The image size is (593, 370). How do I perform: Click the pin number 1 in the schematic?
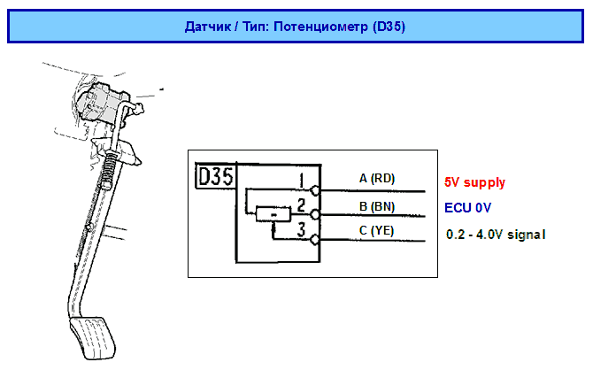[302, 181]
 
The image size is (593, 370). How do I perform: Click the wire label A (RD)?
[376, 178]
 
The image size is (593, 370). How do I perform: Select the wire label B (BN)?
[376, 206]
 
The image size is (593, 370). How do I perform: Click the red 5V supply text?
[474, 183]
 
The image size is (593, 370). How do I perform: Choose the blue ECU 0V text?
[468, 208]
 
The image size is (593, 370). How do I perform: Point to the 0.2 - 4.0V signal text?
[496, 235]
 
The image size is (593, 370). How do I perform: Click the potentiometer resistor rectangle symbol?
[273, 214]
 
